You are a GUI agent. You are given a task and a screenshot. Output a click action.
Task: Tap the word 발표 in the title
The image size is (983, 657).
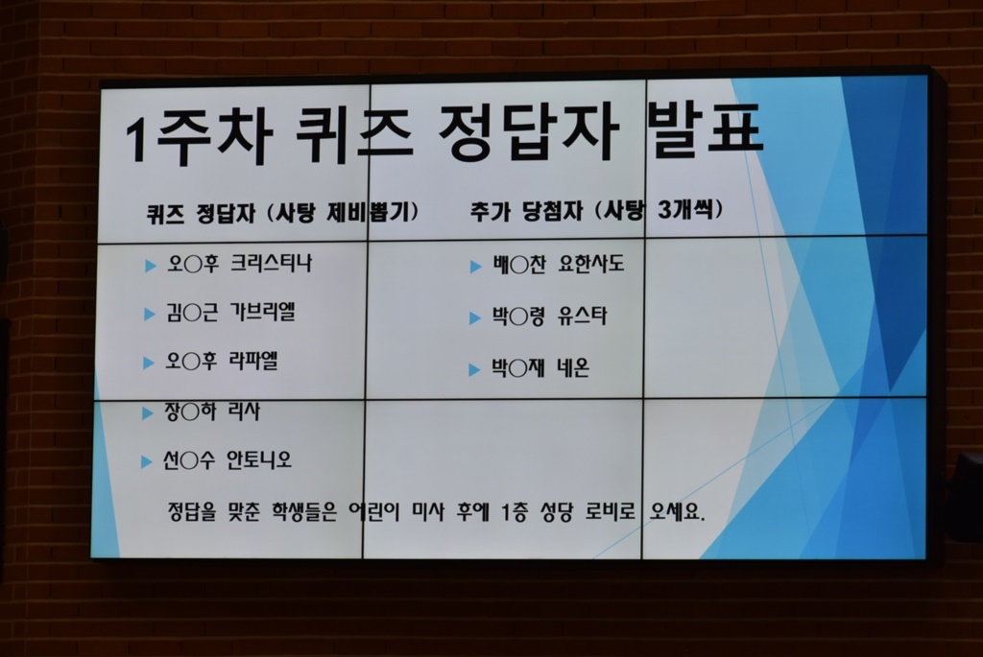706,130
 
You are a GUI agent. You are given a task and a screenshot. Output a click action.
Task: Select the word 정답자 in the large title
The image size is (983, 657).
529,133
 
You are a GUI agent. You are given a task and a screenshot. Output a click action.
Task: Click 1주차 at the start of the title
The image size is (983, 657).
199,139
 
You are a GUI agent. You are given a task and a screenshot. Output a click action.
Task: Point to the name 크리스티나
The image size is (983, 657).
271,263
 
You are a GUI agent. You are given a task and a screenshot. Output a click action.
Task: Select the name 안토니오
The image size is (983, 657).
259,460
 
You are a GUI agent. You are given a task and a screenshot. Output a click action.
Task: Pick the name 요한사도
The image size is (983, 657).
590,264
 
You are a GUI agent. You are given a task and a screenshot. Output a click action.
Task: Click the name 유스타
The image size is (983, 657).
582,316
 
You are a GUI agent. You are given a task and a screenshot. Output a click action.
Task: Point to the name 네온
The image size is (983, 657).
573,367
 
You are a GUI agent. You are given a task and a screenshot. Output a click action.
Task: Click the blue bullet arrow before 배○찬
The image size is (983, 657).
476,267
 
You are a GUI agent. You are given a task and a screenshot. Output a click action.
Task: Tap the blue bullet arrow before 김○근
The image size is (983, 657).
150,314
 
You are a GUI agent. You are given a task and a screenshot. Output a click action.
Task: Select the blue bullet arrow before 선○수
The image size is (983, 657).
147,462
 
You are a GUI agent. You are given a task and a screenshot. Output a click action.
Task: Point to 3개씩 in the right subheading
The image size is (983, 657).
685,209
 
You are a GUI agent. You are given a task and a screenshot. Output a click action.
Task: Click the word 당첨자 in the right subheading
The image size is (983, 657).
553,211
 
